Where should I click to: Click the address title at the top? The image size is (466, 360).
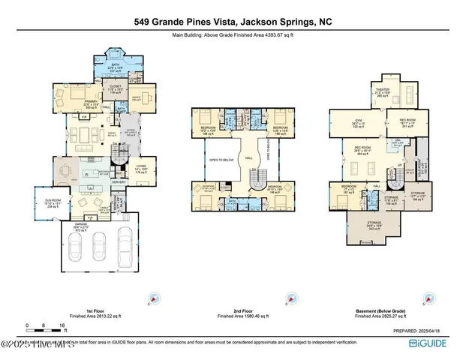tap(233, 22)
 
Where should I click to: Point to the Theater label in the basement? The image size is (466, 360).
tap(362, 93)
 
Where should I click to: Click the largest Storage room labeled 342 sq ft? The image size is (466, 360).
tap(374, 225)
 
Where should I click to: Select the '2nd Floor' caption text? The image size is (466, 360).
tap(243, 309)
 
